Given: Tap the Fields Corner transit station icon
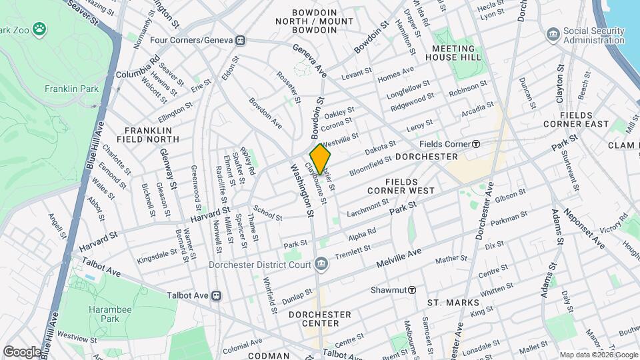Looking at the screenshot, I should [476, 144].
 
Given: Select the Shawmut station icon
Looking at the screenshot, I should [413, 290].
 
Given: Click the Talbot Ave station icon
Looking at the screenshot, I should [216, 295].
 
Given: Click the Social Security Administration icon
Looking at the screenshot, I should [553, 34].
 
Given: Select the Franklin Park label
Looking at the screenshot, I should [71, 89].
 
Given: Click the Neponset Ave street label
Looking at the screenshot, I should [583, 229].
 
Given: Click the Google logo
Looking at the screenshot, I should [22, 351].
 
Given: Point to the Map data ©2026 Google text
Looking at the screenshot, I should [598, 355].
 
